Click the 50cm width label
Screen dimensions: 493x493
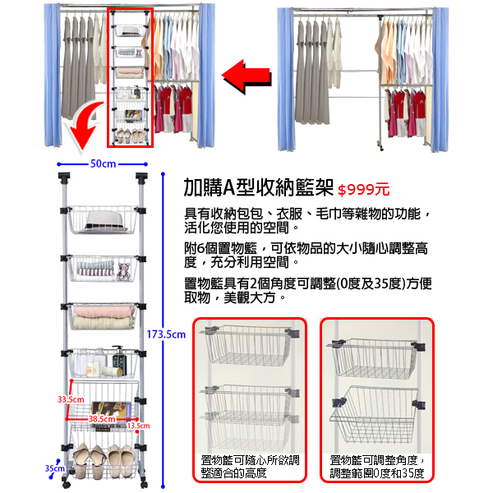[102, 164]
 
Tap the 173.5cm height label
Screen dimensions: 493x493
[166, 334]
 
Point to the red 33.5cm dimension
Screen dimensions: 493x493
[71, 399]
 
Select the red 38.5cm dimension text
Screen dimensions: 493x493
[102, 419]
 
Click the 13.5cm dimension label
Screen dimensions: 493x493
[138, 426]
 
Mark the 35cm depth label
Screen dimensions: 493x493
[54, 468]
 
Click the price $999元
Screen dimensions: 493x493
[363, 190]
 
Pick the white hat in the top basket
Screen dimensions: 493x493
[102, 219]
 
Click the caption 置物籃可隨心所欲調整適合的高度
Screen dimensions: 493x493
[250, 467]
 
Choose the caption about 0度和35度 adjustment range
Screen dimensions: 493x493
[377, 467]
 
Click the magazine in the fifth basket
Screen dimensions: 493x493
[107, 408]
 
